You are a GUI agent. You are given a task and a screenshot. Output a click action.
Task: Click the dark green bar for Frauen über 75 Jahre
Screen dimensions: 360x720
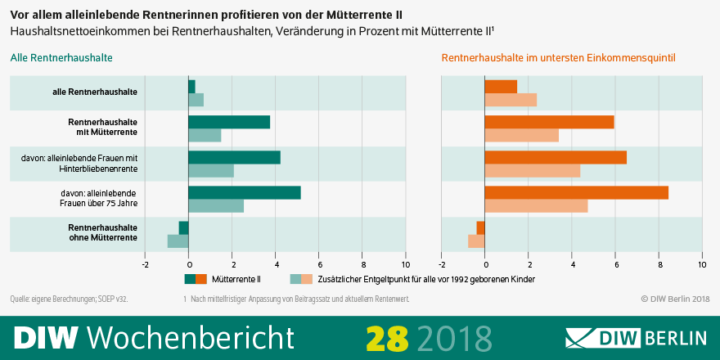[245, 193]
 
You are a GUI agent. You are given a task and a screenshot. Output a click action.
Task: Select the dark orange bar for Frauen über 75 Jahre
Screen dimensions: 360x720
[576, 193]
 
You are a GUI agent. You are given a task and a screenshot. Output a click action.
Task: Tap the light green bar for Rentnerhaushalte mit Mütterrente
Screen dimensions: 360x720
[205, 136]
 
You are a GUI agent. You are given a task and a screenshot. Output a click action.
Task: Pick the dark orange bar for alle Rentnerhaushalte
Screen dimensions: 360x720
[501, 87]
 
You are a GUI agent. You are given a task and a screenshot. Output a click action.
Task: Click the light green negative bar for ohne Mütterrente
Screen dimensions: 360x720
[178, 241]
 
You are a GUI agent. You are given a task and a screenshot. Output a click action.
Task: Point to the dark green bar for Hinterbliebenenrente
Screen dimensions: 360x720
[234, 158]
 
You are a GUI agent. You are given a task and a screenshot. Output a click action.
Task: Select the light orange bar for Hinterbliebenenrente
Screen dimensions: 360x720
[533, 171]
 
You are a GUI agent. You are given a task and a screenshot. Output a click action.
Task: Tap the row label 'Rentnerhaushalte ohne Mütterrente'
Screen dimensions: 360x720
[102, 232]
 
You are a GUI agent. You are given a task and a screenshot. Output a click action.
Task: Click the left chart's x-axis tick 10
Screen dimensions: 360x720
[405, 264]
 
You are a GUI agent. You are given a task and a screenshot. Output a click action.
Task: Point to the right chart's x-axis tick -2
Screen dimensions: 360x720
[442, 264]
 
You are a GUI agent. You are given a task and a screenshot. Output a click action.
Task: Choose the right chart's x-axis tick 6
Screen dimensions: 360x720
[616, 264]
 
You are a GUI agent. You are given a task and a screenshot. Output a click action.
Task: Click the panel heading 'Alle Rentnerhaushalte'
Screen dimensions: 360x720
[61, 58]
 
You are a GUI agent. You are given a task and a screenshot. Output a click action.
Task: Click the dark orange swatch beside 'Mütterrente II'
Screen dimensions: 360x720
[201, 279]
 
